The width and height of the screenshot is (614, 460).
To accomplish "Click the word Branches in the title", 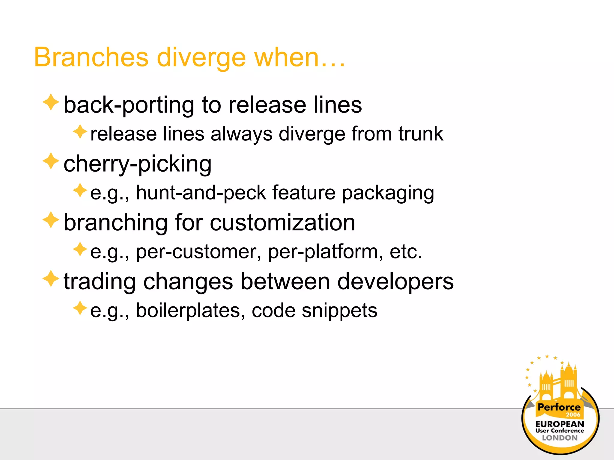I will [91, 57].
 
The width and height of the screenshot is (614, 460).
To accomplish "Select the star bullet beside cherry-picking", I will [51, 161].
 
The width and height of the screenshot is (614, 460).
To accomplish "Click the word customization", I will [282, 223].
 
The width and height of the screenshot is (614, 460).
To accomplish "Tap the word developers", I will [395, 282].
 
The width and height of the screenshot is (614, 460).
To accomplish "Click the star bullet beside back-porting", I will [51, 102].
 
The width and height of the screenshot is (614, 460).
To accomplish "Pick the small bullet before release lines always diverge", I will [80, 132].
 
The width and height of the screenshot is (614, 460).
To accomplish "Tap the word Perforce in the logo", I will [559, 407].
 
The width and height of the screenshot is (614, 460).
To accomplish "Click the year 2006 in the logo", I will [573, 415].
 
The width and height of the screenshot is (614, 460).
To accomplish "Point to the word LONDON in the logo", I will [559, 438].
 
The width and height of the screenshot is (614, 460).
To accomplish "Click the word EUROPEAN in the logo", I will [559, 424].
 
